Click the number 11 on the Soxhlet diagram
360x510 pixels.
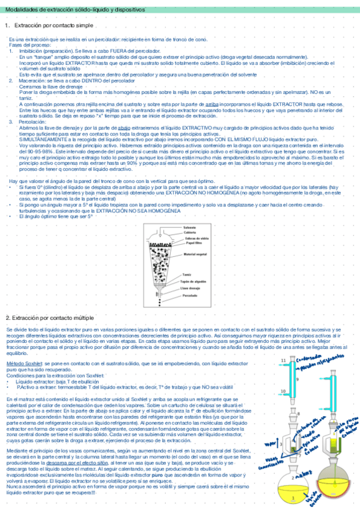pos(283,360)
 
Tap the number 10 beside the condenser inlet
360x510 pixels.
pos(282,392)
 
